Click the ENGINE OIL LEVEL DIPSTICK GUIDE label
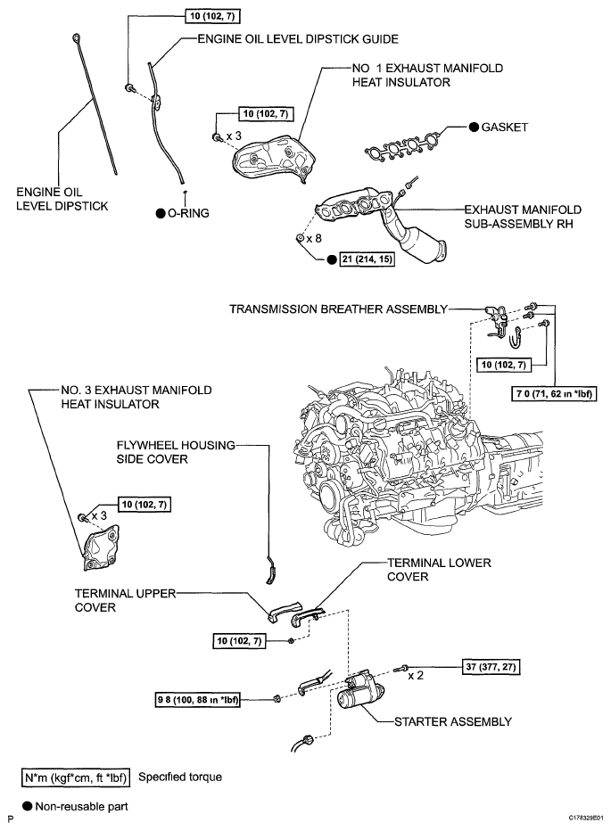[x=297, y=39]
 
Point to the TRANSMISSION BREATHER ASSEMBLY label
[x=338, y=309]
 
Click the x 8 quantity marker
[x=313, y=239]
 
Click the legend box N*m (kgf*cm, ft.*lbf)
[x=77, y=776]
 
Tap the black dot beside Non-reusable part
[x=29, y=805]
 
